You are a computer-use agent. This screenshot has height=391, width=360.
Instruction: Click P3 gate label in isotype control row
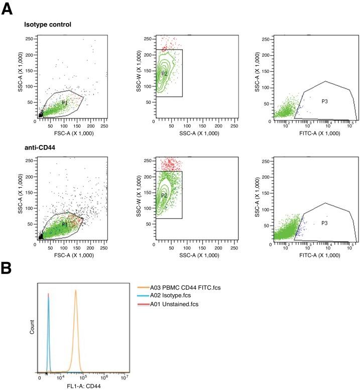tap(325, 101)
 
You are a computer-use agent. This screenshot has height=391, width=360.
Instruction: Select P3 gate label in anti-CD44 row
tap(325, 223)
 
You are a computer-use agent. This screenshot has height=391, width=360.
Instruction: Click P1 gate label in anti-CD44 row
tap(64, 224)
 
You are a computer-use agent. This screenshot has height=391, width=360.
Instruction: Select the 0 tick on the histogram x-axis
tap(39, 377)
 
